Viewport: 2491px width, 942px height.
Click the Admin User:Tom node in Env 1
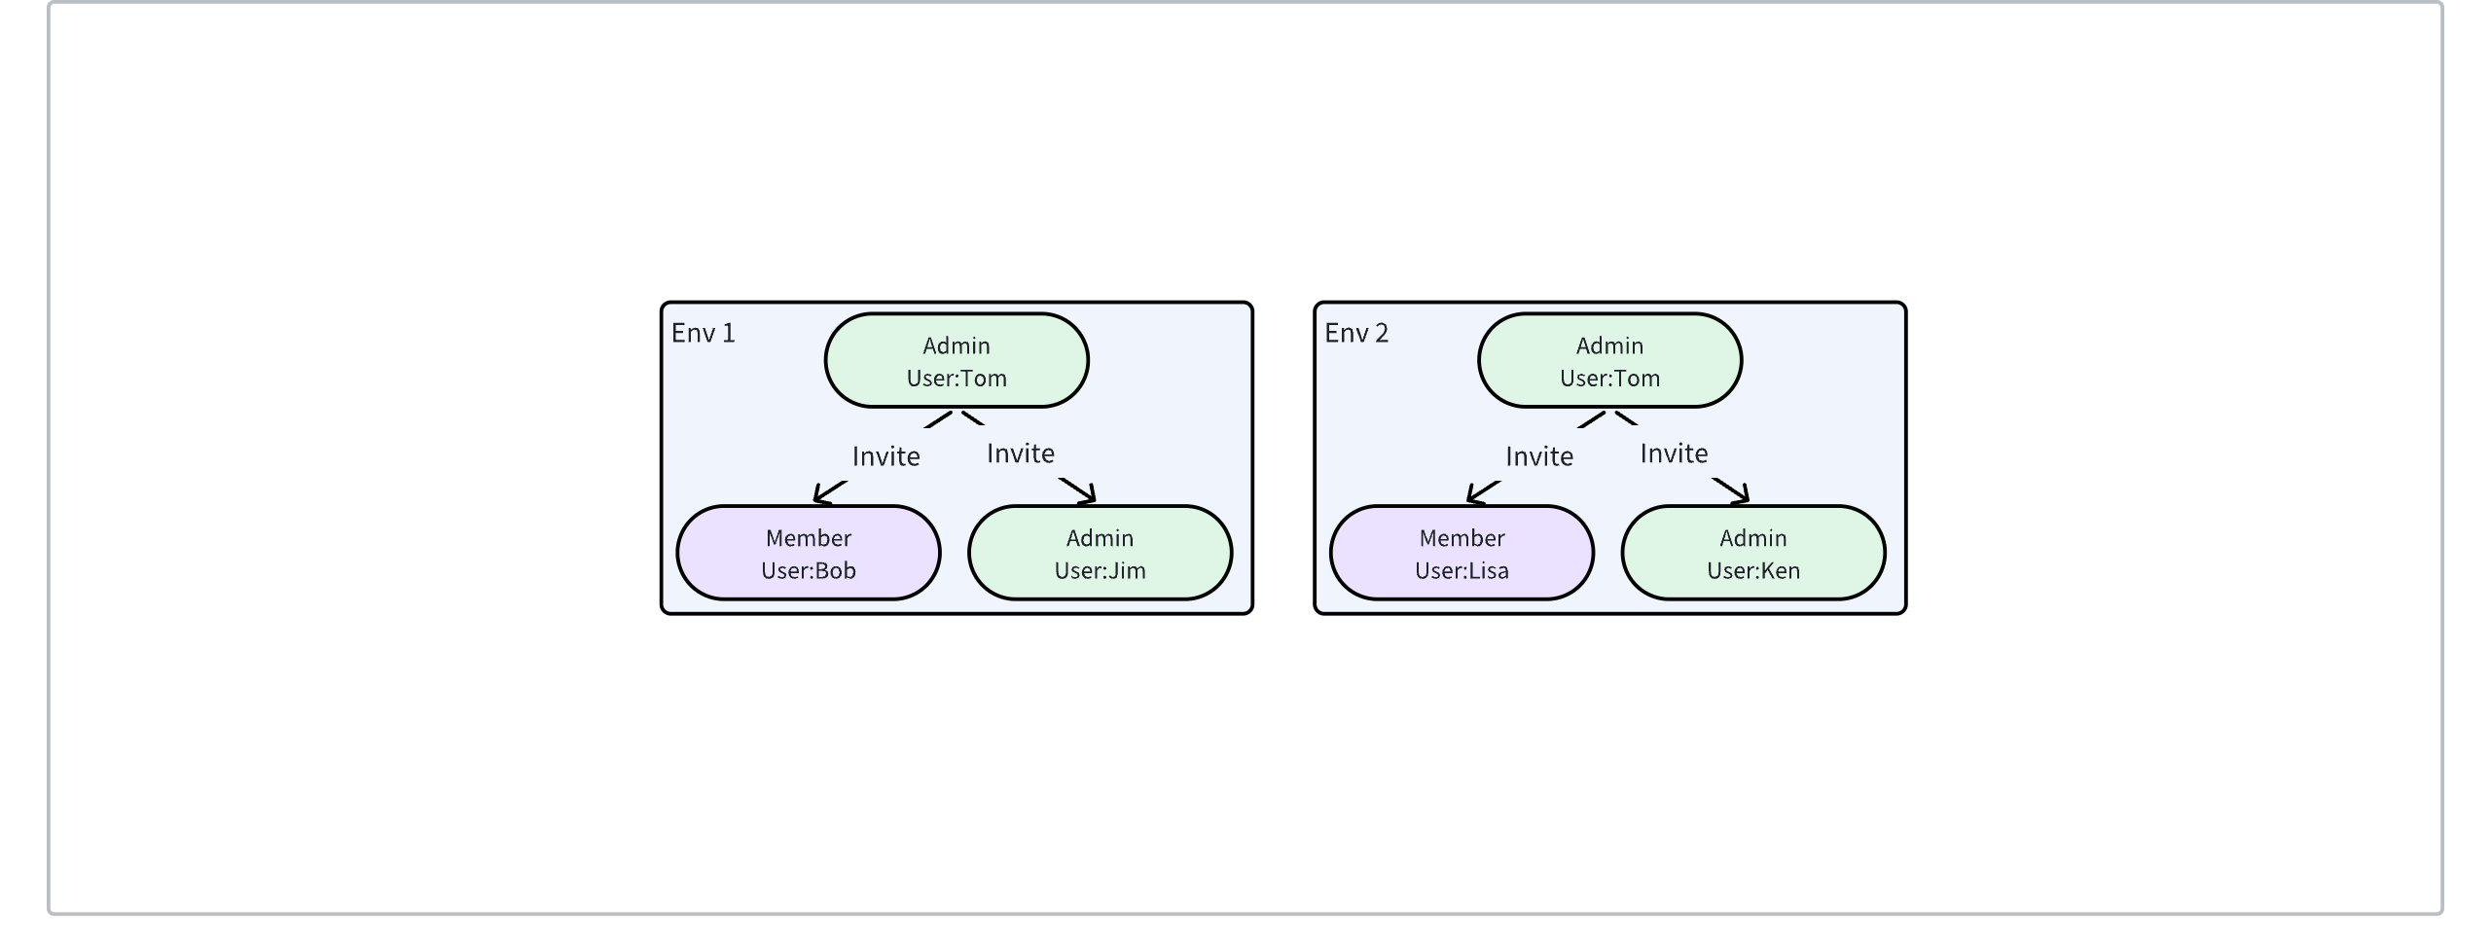tap(957, 360)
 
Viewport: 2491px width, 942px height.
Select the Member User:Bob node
tap(809, 553)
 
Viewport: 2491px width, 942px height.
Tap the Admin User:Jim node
tap(1101, 553)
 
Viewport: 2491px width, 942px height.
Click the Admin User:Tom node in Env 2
tap(1610, 360)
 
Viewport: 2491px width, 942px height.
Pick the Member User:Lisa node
tap(1462, 553)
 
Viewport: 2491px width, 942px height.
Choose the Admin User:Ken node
tap(1753, 553)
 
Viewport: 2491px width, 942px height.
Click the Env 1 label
tap(704, 333)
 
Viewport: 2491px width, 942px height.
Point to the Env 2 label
tap(1356, 333)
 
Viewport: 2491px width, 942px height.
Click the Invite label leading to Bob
tap(885, 456)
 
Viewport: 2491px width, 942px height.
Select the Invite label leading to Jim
tap(1021, 453)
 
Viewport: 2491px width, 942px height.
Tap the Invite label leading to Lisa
tap(1539, 456)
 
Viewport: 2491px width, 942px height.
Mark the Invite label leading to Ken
tap(1674, 453)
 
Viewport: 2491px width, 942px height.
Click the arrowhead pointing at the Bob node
tap(823, 494)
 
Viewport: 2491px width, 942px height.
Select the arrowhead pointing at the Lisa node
tap(1477, 494)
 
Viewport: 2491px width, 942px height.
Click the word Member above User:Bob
tap(809, 538)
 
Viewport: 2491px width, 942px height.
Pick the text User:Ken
tap(1753, 570)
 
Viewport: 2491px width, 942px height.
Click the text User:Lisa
tap(1462, 570)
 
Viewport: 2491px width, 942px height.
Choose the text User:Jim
tap(1101, 570)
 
